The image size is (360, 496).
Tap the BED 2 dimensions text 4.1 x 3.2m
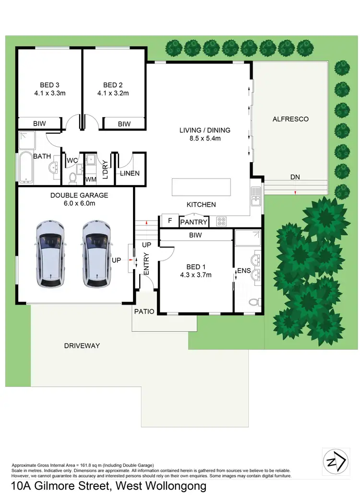tap(116, 94)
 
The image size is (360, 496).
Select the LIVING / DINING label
tap(205, 130)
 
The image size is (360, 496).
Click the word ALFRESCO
tap(290, 119)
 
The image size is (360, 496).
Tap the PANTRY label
tap(194, 222)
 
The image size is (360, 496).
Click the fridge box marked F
tap(170, 221)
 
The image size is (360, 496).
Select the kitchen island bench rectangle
tap(201, 186)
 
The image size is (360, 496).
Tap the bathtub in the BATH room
tap(25, 167)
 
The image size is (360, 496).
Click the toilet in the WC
tap(72, 178)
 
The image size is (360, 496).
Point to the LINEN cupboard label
tap(130, 173)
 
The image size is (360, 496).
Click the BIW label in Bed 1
tap(195, 236)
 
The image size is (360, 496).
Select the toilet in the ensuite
tap(254, 303)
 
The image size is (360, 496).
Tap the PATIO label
tap(144, 311)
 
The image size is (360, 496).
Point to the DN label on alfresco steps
tap(295, 177)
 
